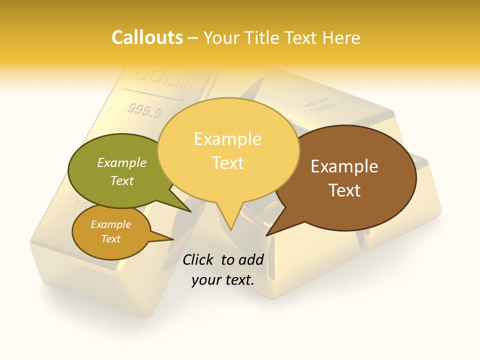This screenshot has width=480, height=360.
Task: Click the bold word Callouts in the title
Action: click(147, 37)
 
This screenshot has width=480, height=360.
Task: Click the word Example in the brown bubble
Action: click(344, 166)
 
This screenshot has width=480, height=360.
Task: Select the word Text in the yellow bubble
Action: click(228, 163)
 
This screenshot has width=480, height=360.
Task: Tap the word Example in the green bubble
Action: click(122, 162)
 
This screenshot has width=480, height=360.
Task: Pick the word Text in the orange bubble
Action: click(110, 239)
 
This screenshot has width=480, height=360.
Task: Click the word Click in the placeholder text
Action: click(199, 259)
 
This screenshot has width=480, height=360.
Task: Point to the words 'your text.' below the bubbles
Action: click(223, 280)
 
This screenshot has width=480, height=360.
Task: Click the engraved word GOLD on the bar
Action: click(163, 78)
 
